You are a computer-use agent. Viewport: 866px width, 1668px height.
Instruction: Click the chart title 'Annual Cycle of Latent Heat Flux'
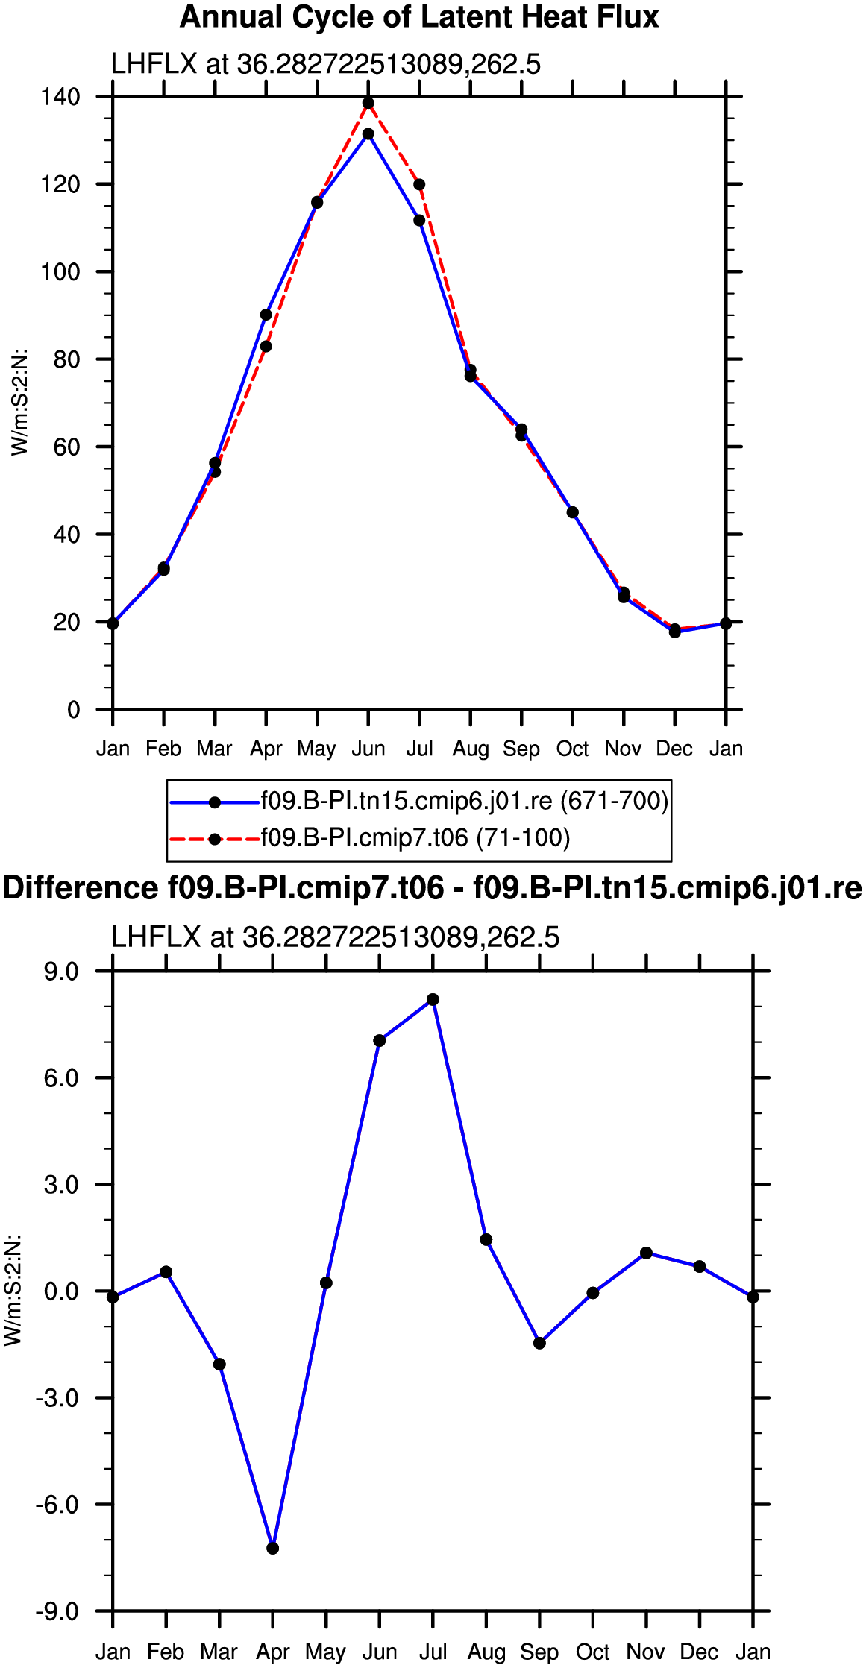pos(419,17)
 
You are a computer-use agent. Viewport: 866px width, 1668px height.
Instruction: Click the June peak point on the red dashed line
pos(368,103)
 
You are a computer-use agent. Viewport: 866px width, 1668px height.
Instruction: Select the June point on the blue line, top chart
pos(368,134)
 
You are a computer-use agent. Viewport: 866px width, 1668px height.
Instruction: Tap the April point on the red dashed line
pos(266,346)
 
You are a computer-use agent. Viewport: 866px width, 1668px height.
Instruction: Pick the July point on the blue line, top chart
pos(419,221)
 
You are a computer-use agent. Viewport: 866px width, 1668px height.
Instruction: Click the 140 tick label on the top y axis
pos(60,97)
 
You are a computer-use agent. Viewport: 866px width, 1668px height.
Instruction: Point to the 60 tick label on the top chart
pos(67,447)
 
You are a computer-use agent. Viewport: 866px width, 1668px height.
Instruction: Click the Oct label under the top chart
pos(572,749)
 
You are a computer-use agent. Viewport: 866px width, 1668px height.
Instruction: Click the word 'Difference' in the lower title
pos(81,888)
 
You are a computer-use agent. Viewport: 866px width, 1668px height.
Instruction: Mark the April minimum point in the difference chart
pos(273,1549)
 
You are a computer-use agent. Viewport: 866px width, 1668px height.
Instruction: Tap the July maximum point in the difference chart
pos(433,1000)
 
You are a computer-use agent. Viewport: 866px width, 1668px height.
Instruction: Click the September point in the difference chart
pos(540,1344)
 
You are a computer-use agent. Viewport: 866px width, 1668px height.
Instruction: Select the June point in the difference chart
pos(380,1041)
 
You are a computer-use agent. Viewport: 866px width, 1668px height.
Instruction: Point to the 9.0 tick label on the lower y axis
pos(61,972)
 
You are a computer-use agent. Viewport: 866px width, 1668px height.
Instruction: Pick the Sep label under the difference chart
pos(539,1652)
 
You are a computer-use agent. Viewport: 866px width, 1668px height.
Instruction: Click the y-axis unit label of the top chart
pos(19,403)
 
